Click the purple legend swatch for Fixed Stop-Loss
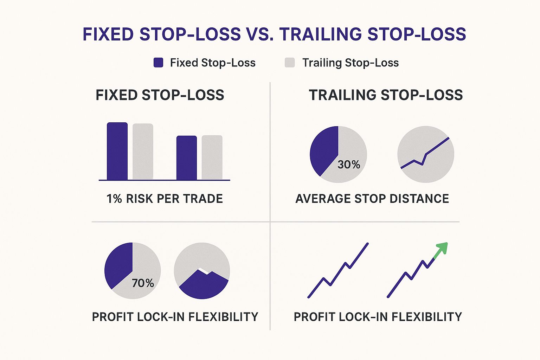coord(159,63)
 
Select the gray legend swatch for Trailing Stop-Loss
coord(290,63)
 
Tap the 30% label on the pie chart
coord(349,165)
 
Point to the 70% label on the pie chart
coord(143,283)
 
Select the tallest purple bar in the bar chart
coord(117,151)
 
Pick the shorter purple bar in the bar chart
coord(187,158)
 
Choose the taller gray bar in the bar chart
coord(143,152)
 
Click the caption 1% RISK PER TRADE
coord(165,199)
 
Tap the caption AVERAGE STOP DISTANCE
coord(372,199)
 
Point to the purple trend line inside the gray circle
coord(425,153)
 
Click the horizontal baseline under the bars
coord(165,180)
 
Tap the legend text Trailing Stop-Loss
coord(351,63)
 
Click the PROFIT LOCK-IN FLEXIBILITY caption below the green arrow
coord(378,317)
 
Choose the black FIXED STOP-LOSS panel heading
coord(160,95)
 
